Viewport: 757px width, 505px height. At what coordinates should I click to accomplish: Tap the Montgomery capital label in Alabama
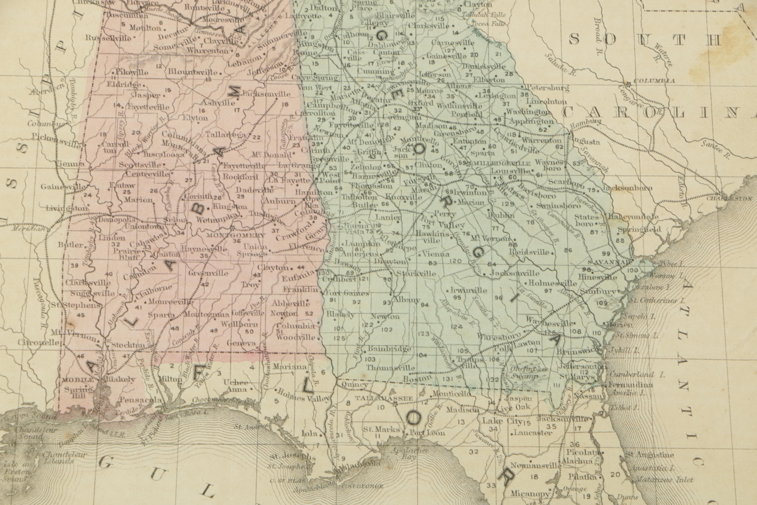pyautogui.click(x=236, y=235)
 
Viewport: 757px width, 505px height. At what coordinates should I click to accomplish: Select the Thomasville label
pyautogui.click(x=390, y=368)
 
